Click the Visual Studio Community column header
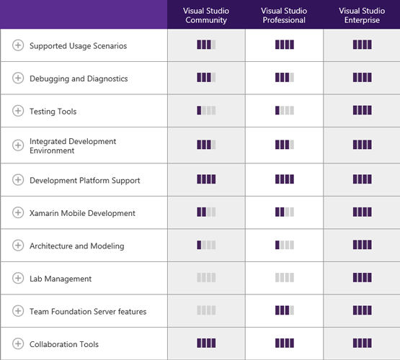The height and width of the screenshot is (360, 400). tap(206, 16)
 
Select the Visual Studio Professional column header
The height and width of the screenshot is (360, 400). tap(284, 16)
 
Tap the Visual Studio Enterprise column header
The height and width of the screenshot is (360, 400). tap(362, 16)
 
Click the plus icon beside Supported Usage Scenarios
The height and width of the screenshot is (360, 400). tap(18, 45)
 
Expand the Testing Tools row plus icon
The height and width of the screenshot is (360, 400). tap(18, 111)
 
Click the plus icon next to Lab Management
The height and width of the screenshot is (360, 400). tap(18, 278)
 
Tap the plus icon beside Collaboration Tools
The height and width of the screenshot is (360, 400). tap(18, 343)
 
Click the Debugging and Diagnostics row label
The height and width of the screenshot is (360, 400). tap(79, 78)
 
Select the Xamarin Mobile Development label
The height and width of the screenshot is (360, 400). tap(82, 213)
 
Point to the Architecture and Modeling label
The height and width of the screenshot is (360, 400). tap(77, 246)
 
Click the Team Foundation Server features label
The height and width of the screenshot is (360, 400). tap(88, 311)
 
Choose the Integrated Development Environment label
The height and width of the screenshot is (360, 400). tap(73, 145)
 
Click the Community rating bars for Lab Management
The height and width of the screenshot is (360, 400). tap(206, 277)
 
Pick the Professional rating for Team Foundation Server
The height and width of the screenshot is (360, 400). tap(285, 310)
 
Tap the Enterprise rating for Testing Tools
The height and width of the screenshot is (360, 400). tap(363, 110)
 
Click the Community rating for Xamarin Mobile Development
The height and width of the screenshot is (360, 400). tap(206, 212)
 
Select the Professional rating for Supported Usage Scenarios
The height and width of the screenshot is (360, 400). tap(285, 45)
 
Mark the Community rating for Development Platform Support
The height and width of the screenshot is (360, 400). tap(206, 179)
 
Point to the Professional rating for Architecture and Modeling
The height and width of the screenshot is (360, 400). tap(285, 245)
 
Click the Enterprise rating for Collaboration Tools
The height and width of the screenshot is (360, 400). tap(363, 343)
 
